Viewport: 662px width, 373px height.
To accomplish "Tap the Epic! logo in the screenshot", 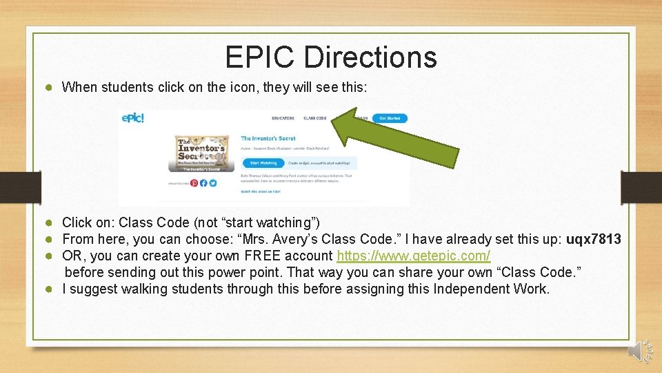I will click(133, 118).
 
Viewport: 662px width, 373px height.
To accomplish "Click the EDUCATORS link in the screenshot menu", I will click(283, 118).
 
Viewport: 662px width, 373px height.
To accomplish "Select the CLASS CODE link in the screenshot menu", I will click(315, 118).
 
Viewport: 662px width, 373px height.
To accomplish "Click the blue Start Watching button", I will click(263, 163).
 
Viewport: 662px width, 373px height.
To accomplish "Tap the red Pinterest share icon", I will click(194, 183).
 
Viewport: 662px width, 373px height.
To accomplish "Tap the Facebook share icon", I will click(203, 183).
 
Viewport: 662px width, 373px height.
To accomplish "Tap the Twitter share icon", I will click(213, 183).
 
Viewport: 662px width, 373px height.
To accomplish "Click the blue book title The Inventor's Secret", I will click(268, 138).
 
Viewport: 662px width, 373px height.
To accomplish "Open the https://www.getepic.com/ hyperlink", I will click(413, 256).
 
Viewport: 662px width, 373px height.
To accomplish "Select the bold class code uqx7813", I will click(593, 240).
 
